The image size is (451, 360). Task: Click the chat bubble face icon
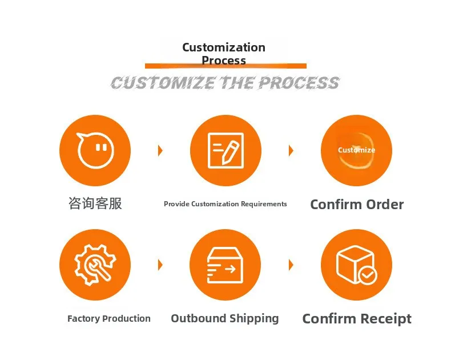[x=95, y=150]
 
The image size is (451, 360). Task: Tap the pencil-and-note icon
[x=226, y=150]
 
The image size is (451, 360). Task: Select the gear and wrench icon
[x=95, y=265]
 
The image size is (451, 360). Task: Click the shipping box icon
[x=225, y=265]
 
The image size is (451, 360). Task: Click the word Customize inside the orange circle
[x=356, y=150]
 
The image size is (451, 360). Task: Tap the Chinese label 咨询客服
[x=95, y=203]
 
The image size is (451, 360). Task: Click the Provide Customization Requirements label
[x=226, y=204]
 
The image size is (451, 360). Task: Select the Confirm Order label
[x=357, y=205]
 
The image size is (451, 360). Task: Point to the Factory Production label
[x=109, y=319]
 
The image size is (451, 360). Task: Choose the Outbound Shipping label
[x=225, y=319]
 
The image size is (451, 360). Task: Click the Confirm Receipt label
[x=357, y=319]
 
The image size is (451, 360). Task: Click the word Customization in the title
[x=224, y=47]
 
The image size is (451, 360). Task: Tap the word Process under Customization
[x=224, y=61]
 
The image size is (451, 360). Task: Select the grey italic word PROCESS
[x=299, y=83]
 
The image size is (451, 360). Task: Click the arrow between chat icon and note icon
[x=160, y=151]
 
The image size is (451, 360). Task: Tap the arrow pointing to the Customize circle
[x=291, y=151]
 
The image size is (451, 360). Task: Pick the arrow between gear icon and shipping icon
[x=160, y=265]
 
